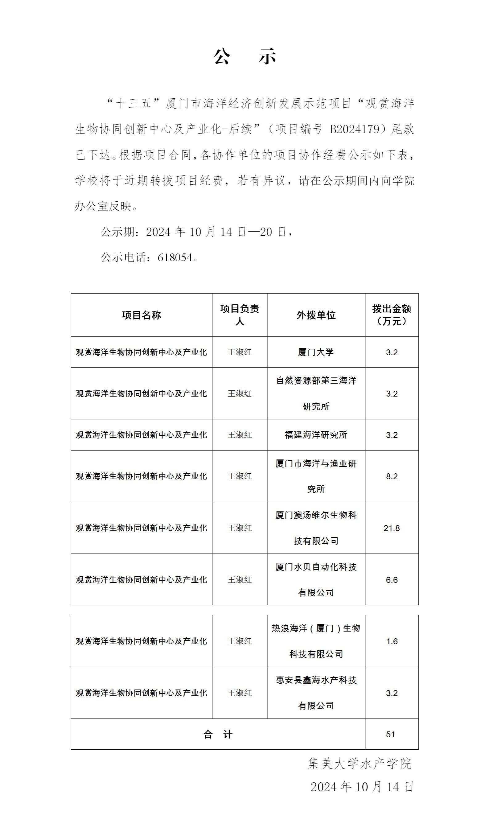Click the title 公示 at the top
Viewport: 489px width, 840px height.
coord(245,56)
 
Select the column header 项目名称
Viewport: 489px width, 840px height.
coord(141,315)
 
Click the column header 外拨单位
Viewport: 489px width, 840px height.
coord(316,315)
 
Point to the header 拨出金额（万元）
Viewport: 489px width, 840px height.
coord(391,315)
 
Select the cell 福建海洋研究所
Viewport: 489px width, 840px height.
coord(316,435)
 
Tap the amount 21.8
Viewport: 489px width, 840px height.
coord(391,528)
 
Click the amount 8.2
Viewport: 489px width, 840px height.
coord(391,476)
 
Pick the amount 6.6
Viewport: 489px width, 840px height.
coord(391,580)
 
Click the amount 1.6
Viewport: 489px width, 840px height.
coord(391,641)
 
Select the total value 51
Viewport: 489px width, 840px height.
coord(390,734)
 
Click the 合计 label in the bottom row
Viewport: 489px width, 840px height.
coord(218,734)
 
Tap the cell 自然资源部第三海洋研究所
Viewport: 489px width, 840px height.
coord(316,393)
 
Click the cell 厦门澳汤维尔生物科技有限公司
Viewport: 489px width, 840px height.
coord(316,528)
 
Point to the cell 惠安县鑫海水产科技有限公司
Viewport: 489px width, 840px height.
coord(316,693)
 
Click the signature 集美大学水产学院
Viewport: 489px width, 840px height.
coord(360,763)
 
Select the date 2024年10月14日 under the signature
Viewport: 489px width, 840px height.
coord(362,787)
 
